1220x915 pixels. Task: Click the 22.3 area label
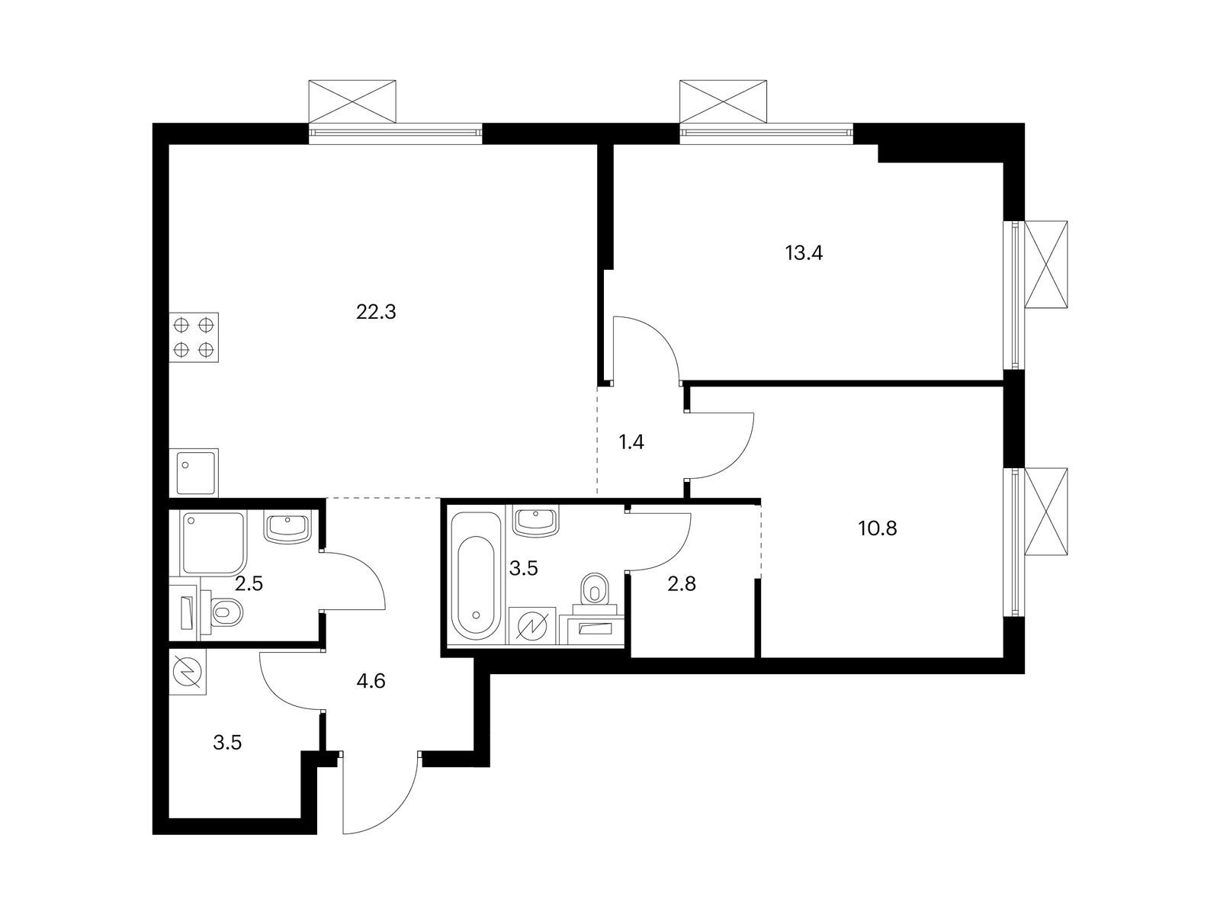[377, 312]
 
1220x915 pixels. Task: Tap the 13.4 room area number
[804, 253]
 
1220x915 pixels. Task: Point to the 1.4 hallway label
[631, 442]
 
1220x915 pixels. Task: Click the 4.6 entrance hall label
[371, 681]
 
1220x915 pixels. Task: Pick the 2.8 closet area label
[681, 585]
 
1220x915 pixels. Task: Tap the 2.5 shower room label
[248, 585]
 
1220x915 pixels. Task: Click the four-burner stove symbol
[194, 337]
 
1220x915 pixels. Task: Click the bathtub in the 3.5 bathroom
[474, 576]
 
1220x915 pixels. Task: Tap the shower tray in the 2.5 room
[213, 543]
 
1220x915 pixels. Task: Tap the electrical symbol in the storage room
[189, 672]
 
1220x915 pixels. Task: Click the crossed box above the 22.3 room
[352, 100]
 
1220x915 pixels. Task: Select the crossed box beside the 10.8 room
[1046, 512]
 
